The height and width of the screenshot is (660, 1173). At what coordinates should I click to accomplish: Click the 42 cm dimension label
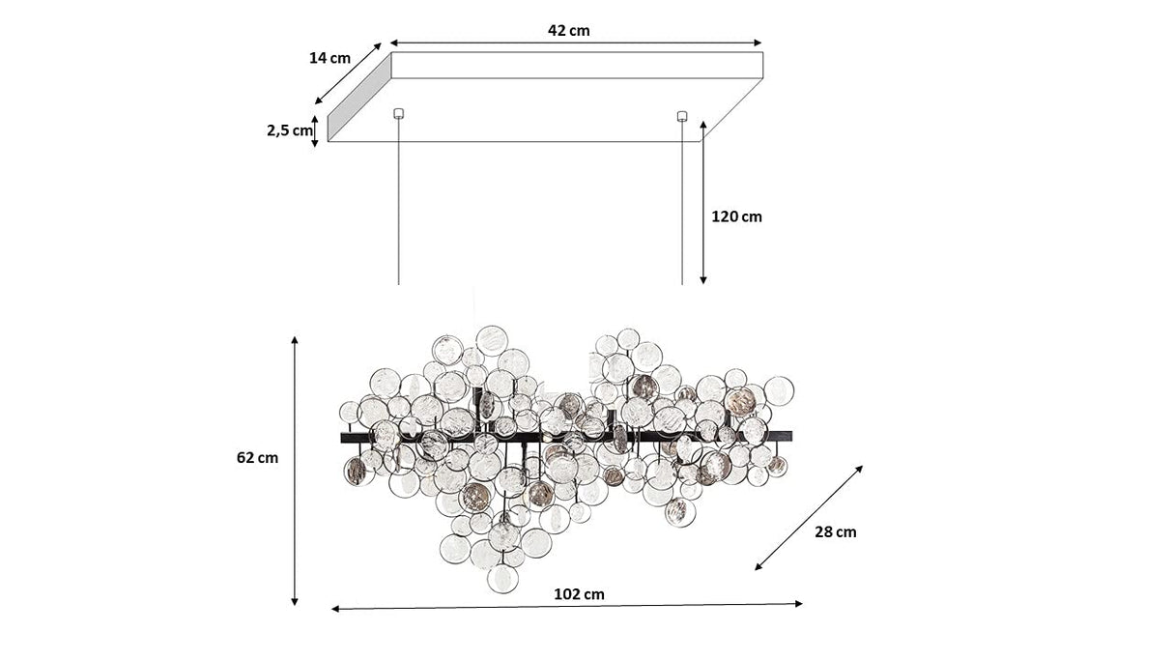(569, 30)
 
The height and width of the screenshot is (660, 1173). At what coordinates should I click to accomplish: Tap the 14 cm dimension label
(329, 58)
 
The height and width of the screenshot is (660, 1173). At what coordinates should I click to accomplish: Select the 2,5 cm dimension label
(290, 130)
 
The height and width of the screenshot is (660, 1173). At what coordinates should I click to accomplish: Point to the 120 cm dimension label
(736, 216)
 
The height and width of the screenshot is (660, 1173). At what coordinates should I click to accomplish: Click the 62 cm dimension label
(257, 457)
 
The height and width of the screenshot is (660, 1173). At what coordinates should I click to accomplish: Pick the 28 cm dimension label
(835, 531)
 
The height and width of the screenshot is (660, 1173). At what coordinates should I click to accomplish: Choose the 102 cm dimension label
(579, 594)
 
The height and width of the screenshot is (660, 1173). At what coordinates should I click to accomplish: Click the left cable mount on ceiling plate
(398, 114)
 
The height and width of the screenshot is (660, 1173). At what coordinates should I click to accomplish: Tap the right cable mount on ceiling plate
(682, 116)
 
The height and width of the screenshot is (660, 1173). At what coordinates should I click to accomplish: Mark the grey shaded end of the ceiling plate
(359, 98)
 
